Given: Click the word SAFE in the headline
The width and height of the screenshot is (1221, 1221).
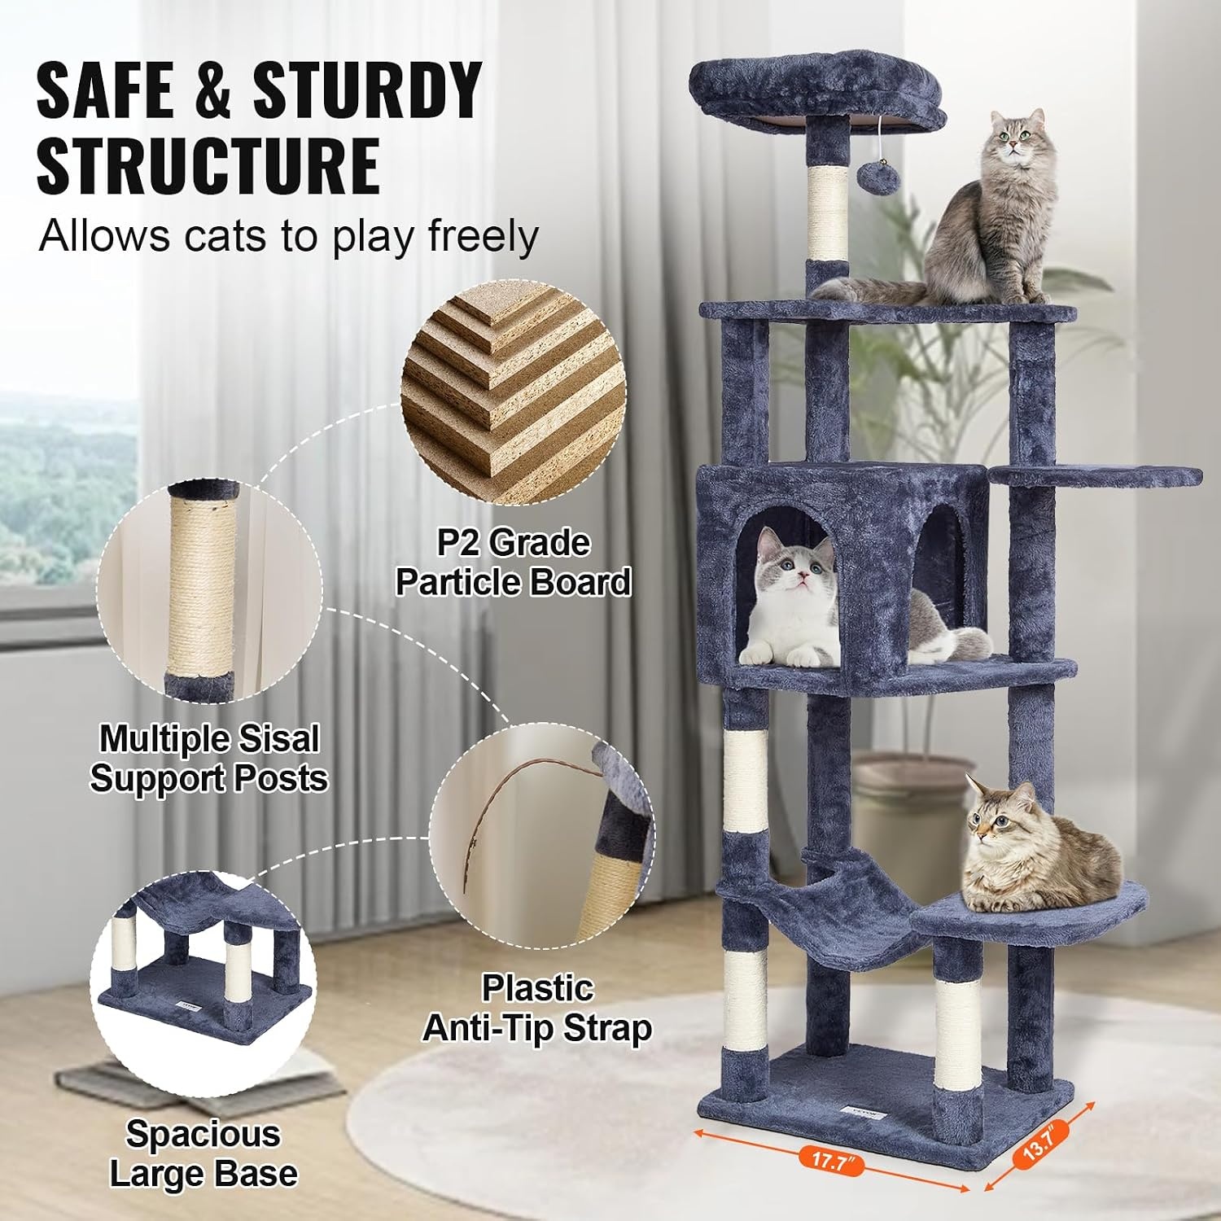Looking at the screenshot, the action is (x=103, y=90).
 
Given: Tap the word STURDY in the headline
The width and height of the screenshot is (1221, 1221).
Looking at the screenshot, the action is (x=367, y=90).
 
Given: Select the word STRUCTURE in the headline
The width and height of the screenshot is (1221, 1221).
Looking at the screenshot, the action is (x=208, y=165).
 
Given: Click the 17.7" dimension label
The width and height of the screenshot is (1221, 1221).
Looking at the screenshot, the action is (x=830, y=1159).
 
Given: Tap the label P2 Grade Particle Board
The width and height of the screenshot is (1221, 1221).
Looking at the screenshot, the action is (x=514, y=562).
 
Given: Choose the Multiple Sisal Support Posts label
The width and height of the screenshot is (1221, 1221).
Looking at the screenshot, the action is (x=208, y=758).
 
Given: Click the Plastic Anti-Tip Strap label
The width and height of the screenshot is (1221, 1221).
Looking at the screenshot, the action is (x=537, y=1009).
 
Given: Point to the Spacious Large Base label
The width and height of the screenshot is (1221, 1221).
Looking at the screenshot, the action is (x=203, y=1153).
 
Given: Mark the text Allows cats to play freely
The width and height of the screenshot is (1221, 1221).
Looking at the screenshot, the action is (x=288, y=237).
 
